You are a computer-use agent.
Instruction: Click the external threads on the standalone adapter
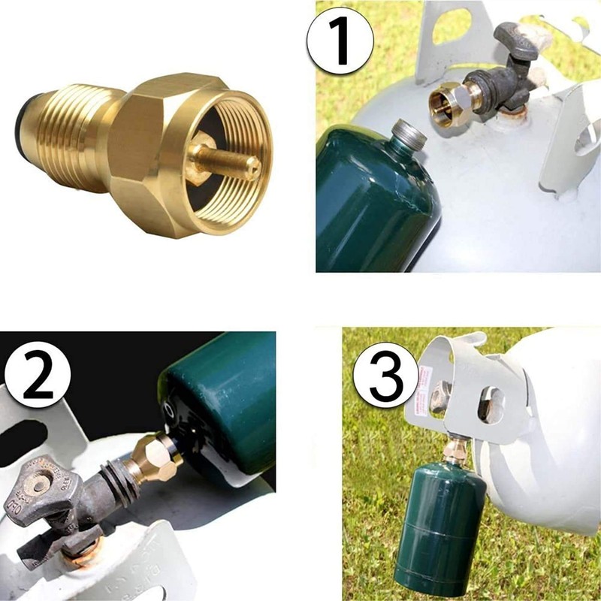coord(75,124)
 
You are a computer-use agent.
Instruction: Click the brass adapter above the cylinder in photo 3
coord(455,451)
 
